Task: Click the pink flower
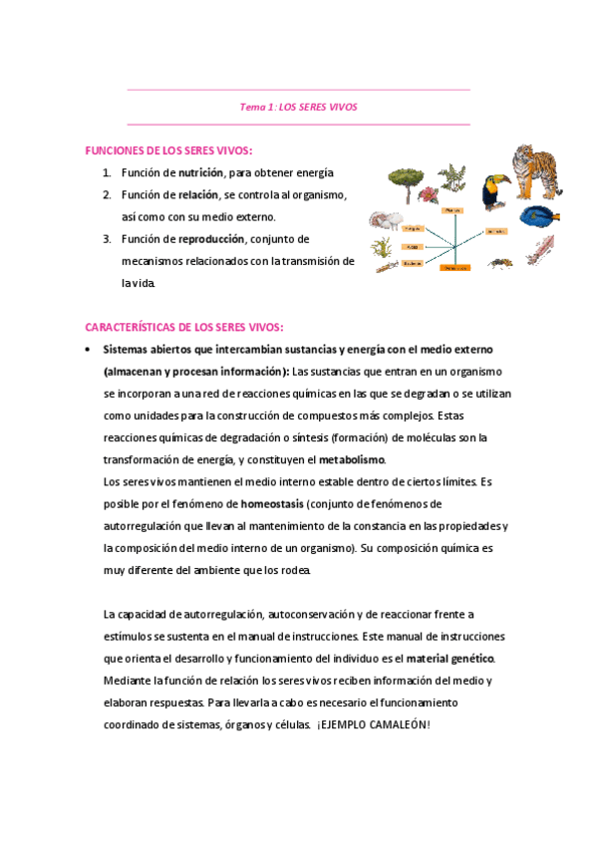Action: [x=452, y=179]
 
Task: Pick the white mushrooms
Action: [x=386, y=220]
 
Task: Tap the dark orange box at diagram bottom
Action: [x=456, y=268]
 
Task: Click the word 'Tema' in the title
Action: [x=254, y=107]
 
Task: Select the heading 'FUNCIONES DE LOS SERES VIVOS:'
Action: [x=168, y=150]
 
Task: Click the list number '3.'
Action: [x=107, y=239]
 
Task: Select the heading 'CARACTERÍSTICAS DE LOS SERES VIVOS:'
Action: [x=184, y=327]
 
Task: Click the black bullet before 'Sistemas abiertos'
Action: [x=90, y=350]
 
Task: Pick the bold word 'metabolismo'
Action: [x=351, y=459]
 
